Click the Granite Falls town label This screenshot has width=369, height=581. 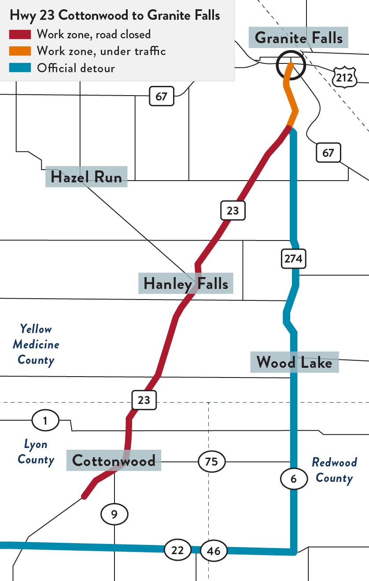click(299, 38)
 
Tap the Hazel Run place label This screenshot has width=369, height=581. click(86, 177)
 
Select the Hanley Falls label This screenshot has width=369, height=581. click(186, 284)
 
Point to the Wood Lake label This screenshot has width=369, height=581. click(294, 362)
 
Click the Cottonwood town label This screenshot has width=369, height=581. click(114, 460)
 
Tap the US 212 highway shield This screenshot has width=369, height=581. click(344, 78)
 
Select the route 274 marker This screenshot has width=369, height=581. click(293, 259)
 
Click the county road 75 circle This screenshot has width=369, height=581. click(211, 462)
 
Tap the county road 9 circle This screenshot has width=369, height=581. click(114, 514)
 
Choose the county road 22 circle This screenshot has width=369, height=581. click(177, 550)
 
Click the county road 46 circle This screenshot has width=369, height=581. click(214, 551)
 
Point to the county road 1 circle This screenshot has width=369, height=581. click(45, 421)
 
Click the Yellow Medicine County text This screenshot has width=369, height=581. click(36, 344)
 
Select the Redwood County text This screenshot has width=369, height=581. click(334, 470)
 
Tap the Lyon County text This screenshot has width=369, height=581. click(36, 452)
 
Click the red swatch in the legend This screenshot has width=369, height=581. click(20, 34)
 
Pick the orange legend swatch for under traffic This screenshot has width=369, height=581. click(20, 51)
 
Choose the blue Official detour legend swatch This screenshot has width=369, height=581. click(20, 68)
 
